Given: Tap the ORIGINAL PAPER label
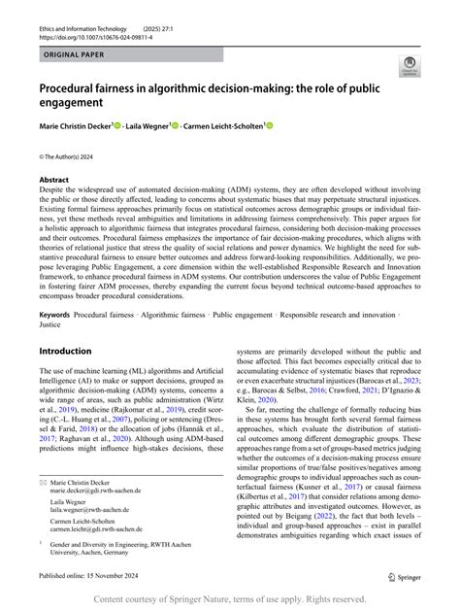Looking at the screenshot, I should [x=76, y=56].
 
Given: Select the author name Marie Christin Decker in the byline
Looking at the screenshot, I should [x=75, y=125].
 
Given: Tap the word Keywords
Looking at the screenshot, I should [x=55, y=316].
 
